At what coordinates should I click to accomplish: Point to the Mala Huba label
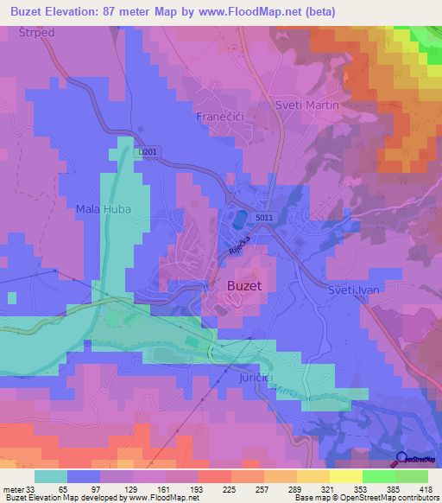102,208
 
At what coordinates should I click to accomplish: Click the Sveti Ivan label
356,293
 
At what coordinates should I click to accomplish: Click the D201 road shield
148,151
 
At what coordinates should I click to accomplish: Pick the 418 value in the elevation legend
426,488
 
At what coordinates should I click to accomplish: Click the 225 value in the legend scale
230,488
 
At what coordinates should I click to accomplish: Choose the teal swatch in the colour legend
50,476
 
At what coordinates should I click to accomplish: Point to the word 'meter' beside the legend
13,488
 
